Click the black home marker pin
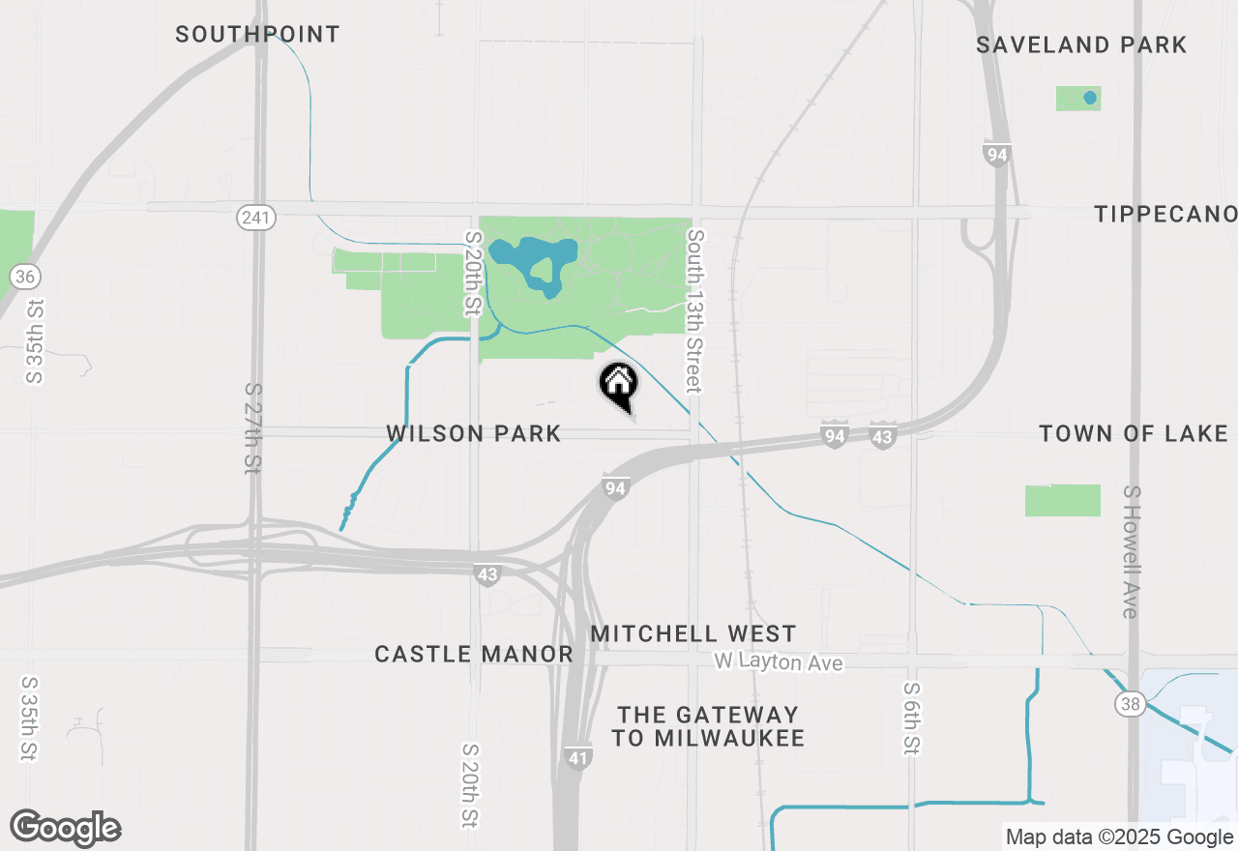point(619,384)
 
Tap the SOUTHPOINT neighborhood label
point(257,35)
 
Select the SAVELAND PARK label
point(1081,44)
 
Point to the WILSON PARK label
point(474,433)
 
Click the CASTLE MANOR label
point(474,655)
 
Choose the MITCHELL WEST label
point(693,634)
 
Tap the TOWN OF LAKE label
point(1134,433)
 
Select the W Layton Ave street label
point(779,662)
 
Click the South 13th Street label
point(693,310)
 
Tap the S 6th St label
point(911,717)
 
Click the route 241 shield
point(256,218)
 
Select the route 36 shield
point(25,278)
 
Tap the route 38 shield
point(1131,703)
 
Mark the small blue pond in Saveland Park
point(1090,98)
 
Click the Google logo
point(66,829)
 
